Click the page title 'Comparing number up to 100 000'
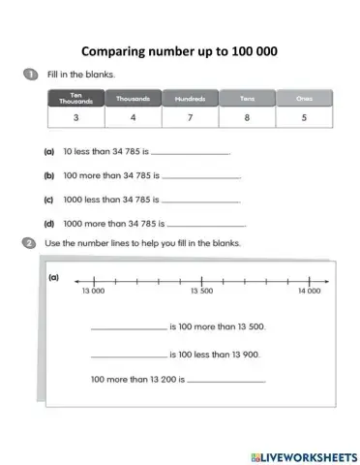click(x=181, y=50)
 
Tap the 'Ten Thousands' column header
click(x=76, y=99)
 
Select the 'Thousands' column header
click(x=134, y=99)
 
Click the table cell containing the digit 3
click(x=76, y=118)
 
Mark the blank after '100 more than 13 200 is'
click(x=225, y=381)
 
